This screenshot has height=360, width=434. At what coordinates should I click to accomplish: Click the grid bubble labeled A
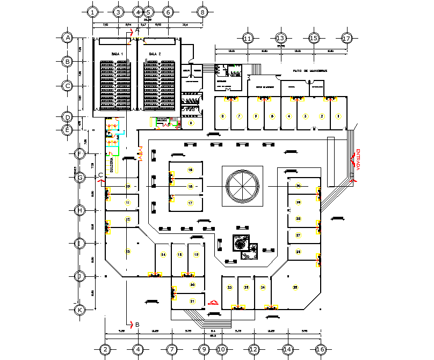tap(68, 38)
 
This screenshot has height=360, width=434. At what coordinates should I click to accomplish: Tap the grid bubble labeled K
tap(79, 309)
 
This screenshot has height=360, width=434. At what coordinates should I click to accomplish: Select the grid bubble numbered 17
tap(346, 38)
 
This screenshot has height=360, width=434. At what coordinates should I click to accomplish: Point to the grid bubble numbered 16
tap(321, 349)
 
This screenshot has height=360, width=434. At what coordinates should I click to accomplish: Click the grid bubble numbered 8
tap(202, 11)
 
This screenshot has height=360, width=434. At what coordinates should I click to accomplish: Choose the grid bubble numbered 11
tap(248, 38)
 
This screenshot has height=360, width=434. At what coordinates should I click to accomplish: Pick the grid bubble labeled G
tap(79, 177)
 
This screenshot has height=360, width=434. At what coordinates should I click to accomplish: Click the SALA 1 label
tap(117, 54)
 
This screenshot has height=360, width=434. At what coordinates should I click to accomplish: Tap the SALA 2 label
tap(155, 54)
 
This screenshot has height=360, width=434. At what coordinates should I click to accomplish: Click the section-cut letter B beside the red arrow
tap(138, 325)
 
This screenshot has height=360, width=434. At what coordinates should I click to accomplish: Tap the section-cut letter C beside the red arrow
tap(100, 175)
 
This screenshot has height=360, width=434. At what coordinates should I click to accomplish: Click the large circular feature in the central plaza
tap(243, 185)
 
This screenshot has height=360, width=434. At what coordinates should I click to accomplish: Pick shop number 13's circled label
tap(128, 251)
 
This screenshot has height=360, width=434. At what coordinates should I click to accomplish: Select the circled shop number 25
tap(295, 288)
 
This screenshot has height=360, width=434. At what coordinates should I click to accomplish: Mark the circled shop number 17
tap(190, 203)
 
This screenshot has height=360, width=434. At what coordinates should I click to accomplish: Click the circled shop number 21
tap(192, 302)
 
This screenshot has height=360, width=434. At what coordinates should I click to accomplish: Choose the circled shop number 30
tap(298, 186)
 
